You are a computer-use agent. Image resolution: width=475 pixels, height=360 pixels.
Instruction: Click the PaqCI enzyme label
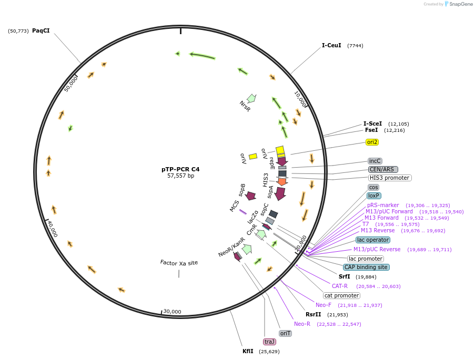tap(41, 30)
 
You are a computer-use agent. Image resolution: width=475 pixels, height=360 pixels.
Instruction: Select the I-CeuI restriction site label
tap(331, 45)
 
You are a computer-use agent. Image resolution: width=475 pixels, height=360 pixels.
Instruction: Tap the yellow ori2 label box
tap(372, 142)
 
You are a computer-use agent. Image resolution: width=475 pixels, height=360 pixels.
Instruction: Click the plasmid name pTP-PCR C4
tap(180, 169)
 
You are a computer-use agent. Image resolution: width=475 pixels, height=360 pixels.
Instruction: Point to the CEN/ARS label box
tap(383, 169)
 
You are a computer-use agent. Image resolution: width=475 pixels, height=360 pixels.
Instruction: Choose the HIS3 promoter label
tap(390, 178)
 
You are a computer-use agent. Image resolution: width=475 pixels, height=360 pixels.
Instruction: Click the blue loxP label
tap(373, 196)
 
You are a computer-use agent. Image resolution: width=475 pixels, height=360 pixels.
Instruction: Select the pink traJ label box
tap(270, 342)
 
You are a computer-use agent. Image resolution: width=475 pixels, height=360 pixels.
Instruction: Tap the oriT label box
tap(285, 333)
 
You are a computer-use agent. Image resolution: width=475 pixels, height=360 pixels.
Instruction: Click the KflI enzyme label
tap(248, 351)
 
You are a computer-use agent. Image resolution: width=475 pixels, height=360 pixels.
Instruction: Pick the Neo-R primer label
tap(302, 324)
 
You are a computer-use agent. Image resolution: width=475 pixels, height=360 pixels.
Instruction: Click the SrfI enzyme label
tap(345, 276)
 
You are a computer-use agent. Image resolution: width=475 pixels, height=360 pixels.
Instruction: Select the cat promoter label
tap(341, 295)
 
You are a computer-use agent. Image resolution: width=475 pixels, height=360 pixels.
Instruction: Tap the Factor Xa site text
tap(179, 262)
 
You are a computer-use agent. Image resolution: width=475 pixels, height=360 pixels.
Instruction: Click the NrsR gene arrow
tap(251, 98)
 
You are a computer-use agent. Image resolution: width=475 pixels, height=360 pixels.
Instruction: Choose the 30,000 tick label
tap(172, 312)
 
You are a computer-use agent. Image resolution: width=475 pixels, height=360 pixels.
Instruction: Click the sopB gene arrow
tap(250, 196)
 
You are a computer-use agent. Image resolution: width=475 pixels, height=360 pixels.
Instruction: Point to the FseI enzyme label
tap(371, 130)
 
